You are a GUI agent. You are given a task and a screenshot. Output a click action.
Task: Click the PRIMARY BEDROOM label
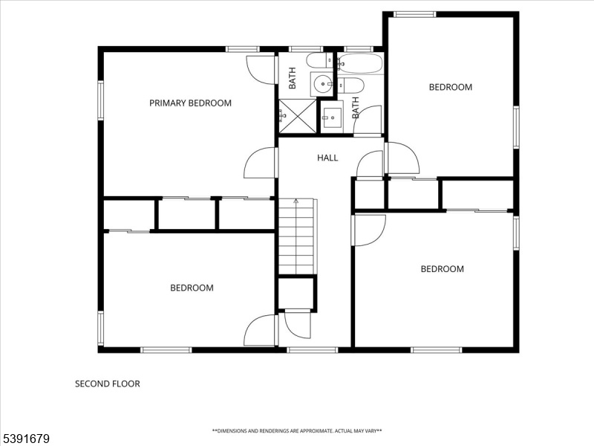pyautogui.click(x=190, y=103)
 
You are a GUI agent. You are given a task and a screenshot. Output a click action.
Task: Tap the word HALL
pyautogui.click(x=327, y=158)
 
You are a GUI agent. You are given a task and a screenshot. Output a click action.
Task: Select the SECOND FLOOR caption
pyautogui.click(x=108, y=384)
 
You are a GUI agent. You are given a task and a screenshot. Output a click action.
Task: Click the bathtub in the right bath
pyautogui.click(x=359, y=63)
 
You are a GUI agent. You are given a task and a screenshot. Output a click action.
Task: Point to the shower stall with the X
pyautogui.click(x=298, y=116)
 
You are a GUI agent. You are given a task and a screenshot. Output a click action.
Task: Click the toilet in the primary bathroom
pyautogui.click(x=319, y=60)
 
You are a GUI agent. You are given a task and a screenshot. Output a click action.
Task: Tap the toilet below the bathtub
pyautogui.click(x=350, y=85)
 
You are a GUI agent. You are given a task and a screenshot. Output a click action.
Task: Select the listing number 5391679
pyautogui.click(x=25, y=439)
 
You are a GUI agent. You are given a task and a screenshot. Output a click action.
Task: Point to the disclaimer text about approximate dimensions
pyautogui.click(x=297, y=431)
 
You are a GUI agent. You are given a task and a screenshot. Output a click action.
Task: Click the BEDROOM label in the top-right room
pyautogui.click(x=451, y=87)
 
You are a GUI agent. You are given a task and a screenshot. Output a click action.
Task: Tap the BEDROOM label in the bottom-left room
pyautogui.click(x=192, y=288)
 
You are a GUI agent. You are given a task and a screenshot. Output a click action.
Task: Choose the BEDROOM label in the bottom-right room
pyautogui.click(x=442, y=269)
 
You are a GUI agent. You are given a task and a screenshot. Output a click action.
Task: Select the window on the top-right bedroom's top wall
pyautogui.click(x=414, y=14)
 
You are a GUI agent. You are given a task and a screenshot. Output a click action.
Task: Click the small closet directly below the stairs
pyautogui.click(x=296, y=293)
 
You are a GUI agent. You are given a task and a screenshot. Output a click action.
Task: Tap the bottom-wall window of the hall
pyautogui.click(x=312, y=349)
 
